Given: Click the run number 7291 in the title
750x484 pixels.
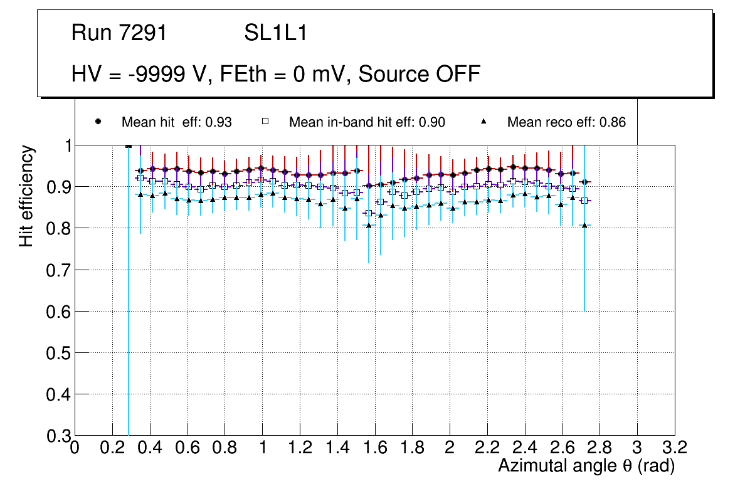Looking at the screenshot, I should point(144,33).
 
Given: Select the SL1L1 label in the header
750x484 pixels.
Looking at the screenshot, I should point(275,33).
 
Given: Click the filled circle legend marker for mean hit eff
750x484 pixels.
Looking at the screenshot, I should point(98,122).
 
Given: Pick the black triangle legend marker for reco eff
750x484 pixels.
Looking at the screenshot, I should point(483,122).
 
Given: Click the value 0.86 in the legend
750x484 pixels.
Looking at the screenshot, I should point(613,122).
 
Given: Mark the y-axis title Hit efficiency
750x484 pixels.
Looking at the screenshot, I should point(26,196).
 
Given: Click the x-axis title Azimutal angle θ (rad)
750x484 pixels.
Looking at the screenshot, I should point(586,466).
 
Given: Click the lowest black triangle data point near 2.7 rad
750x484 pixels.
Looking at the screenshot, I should point(584,225).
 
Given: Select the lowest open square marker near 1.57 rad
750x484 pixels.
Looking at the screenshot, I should point(369,213).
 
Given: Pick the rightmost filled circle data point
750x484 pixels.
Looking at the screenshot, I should point(584,182).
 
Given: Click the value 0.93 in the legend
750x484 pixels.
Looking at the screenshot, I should point(219,122).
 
